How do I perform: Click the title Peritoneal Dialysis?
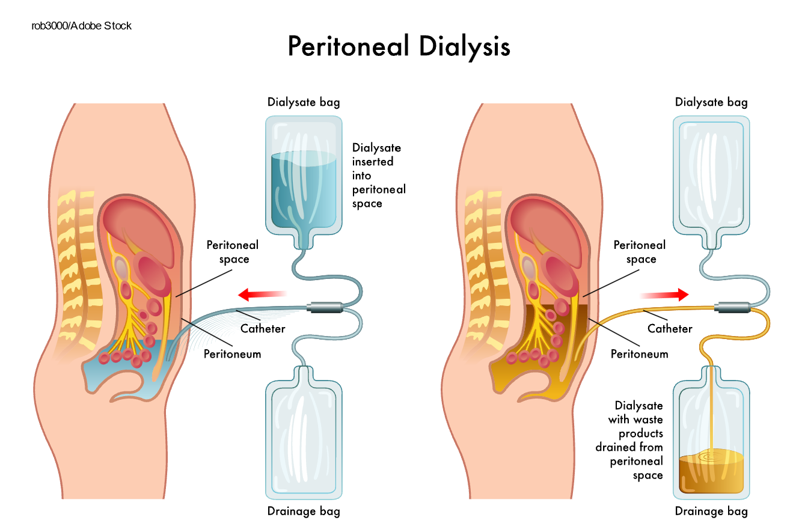[399, 47]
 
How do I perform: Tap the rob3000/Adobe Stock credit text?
[81, 26]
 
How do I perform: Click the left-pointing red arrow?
[260, 294]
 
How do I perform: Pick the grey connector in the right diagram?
[732, 307]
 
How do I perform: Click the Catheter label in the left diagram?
[263, 328]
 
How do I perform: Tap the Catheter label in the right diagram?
[670, 329]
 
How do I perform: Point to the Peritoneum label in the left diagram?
[232, 353]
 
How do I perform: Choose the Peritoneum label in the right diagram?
[639, 353]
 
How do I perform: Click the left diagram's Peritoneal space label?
[233, 252]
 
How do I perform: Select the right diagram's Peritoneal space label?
[640, 252]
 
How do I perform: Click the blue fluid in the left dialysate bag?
[304, 189]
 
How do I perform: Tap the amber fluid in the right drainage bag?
[711, 475]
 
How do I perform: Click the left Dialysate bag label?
[304, 102]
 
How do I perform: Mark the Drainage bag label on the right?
[711, 512]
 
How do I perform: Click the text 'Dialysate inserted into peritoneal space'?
[379, 176]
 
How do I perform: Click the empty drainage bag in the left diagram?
[304, 439]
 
